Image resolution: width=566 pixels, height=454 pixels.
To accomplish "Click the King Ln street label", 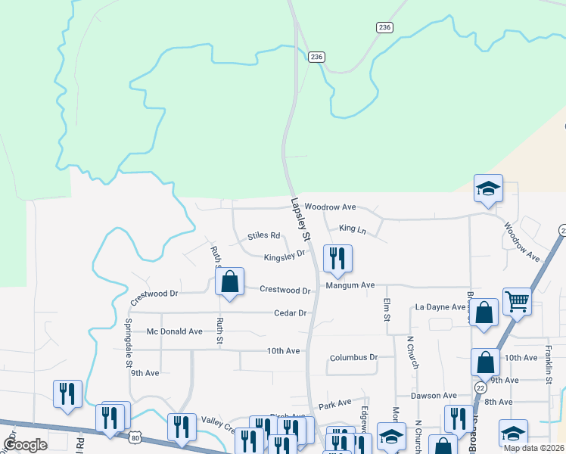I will pos(352,229).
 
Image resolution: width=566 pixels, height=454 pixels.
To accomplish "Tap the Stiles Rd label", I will pos(264,236).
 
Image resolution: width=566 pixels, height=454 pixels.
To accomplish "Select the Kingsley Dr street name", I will pos(284,257).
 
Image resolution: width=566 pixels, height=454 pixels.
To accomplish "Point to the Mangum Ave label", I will pos(350,285).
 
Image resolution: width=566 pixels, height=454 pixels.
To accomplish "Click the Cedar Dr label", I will pos(290,313).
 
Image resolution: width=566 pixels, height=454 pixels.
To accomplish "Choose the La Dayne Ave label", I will pos(440,306).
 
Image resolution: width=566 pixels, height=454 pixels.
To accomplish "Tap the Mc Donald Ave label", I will pos(175,331).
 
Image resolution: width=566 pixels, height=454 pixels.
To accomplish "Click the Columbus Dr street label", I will pos(353,357).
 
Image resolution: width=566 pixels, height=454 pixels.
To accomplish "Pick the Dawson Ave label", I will pos(434,396).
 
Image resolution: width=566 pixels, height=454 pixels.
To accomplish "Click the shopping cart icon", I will pos(517,300).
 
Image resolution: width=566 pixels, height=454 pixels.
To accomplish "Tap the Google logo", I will pos(25,445).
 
